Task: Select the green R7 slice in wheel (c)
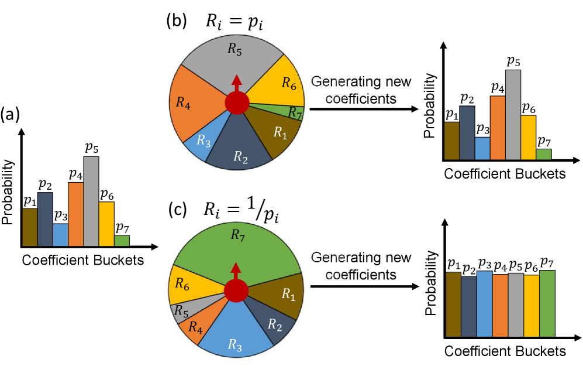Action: (237, 246)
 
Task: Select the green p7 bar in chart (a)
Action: (122, 241)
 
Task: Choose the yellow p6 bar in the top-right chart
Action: (528, 138)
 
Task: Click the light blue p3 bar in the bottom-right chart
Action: (485, 305)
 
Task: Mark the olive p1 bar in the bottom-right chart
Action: (453, 305)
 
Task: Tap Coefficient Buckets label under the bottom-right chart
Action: (505, 351)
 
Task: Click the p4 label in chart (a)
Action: (76, 175)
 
